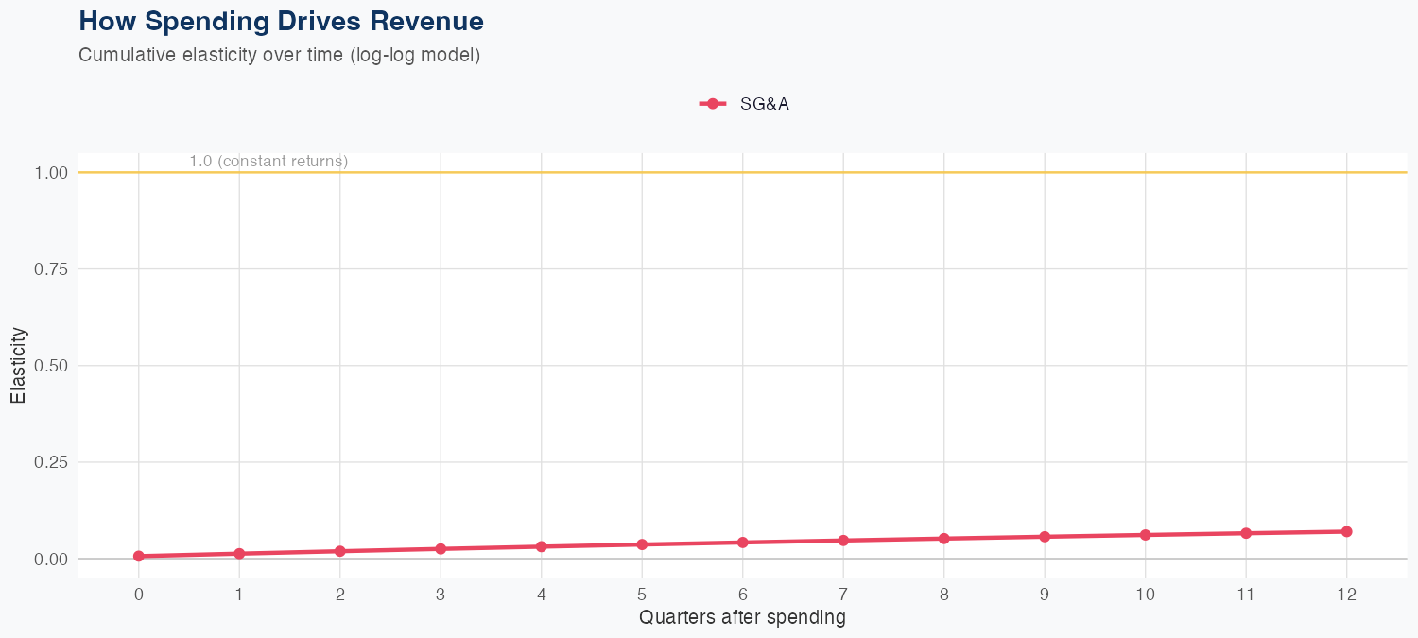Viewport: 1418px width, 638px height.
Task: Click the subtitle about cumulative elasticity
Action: coord(280,55)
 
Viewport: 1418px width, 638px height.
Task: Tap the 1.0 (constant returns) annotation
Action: coord(268,162)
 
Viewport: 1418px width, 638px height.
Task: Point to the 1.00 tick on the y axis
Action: coord(52,173)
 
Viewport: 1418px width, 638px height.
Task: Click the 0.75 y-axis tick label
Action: coord(52,269)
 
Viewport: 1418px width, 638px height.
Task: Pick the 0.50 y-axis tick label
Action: coord(52,366)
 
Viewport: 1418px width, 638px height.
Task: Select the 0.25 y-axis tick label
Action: coord(52,462)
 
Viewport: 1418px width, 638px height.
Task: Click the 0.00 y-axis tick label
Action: coord(52,559)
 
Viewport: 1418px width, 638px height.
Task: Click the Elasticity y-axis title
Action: coord(18,366)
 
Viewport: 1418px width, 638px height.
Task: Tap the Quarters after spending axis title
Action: coord(742,618)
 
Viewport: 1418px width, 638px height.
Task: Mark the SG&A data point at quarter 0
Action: coord(139,556)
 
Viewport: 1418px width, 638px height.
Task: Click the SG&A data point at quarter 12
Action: coord(1346,531)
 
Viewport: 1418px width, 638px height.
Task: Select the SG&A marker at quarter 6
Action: coord(743,543)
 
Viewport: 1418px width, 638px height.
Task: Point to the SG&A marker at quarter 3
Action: coord(441,548)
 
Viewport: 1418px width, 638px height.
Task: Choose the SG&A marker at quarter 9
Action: coord(1045,537)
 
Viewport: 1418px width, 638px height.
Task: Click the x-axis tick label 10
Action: coord(1145,595)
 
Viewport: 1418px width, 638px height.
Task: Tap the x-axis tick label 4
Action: coord(541,595)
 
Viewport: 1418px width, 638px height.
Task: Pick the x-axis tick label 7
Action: coord(843,595)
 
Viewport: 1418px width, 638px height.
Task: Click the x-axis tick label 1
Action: coord(239,595)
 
